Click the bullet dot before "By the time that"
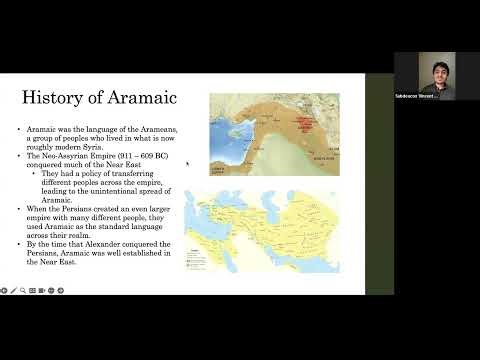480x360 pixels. click(x=20, y=244)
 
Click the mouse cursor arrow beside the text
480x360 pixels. click(x=188, y=164)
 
